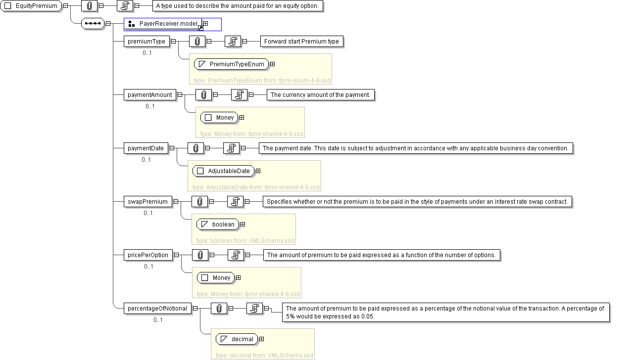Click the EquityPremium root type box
pos(31,6)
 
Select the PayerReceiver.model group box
pos(163,24)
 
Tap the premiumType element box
pos(146,42)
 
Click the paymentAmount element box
pos(149,95)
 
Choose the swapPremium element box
pos(148,202)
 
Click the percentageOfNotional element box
pos(157,309)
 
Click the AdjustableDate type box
pos(223,171)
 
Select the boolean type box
pos(218,225)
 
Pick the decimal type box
pos(237,339)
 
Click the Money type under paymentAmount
pos(219,118)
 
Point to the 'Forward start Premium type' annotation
pos(301,42)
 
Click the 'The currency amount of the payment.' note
pos(320,95)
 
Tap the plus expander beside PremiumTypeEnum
pos(272,64)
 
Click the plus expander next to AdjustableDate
pos(258,171)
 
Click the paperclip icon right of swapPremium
pos(199,202)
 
